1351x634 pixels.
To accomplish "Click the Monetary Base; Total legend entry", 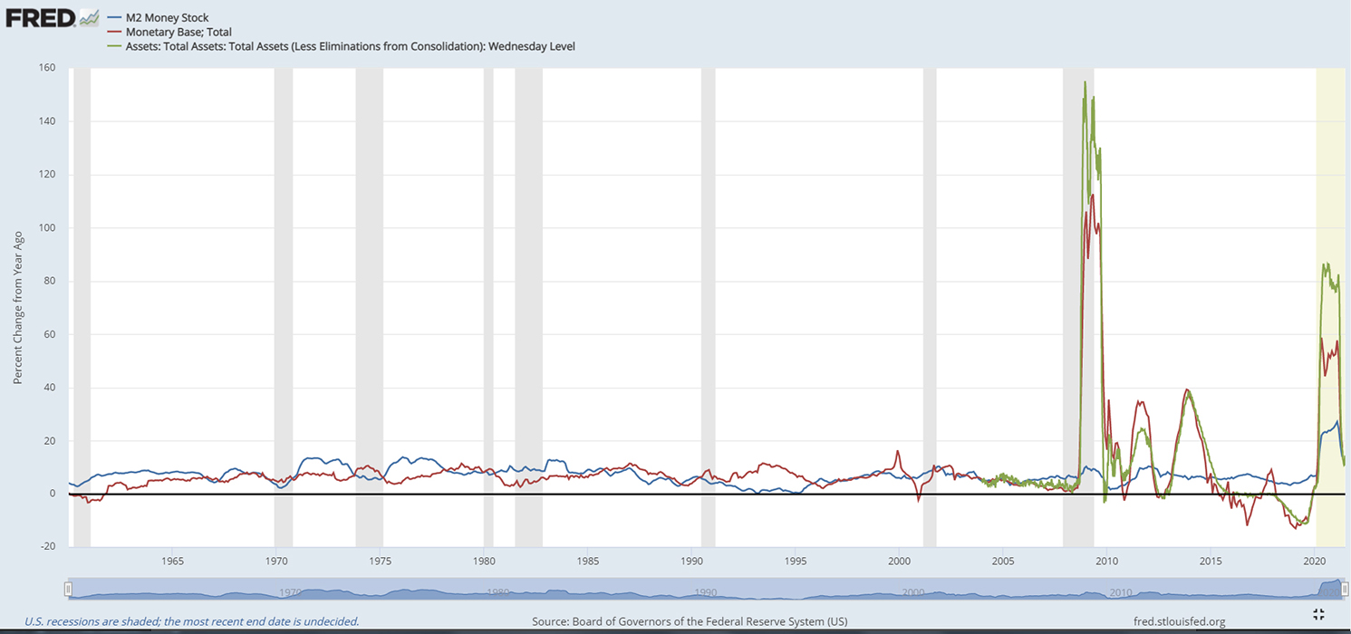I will (x=178, y=32).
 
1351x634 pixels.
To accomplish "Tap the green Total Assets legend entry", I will (x=350, y=46).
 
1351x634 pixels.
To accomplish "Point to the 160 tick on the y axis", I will (x=47, y=68).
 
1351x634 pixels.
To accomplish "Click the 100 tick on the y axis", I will (x=47, y=227).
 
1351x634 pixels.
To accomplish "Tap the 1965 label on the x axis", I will (x=172, y=561).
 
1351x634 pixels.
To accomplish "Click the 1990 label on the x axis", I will (x=691, y=561).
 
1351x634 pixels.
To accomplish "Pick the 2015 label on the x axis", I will (x=1211, y=561).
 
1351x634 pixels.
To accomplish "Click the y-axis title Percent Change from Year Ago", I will (x=17, y=306).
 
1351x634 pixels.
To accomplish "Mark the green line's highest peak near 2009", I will (x=1085, y=82).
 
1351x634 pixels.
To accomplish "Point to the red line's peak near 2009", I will (x=1093, y=195).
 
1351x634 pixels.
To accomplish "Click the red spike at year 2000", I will (x=898, y=451).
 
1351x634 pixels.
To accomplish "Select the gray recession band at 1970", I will (x=283, y=308).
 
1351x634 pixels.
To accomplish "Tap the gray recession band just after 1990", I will (x=708, y=308).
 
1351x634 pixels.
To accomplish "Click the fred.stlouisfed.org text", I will (x=1179, y=621).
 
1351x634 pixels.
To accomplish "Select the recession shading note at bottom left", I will (x=191, y=621).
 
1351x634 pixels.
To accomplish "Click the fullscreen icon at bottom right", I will (x=1318, y=615).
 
